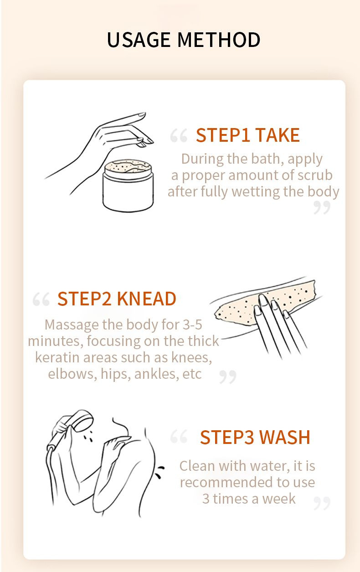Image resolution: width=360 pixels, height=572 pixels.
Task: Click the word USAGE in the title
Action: click(x=139, y=40)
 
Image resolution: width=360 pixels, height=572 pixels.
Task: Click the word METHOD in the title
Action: click(x=219, y=40)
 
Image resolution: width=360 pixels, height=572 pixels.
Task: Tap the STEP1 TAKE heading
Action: click(x=247, y=135)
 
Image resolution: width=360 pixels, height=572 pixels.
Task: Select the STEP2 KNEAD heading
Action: click(x=117, y=299)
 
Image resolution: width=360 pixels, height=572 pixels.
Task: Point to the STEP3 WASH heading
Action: click(x=255, y=438)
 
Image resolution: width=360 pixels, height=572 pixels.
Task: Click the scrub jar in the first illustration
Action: click(x=128, y=185)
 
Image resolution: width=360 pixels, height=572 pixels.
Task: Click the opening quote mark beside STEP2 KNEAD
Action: click(x=41, y=299)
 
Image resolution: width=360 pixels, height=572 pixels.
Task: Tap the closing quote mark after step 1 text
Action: click(x=322, y=207)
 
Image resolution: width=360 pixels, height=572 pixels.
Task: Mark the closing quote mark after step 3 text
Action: click(x=322, y=503)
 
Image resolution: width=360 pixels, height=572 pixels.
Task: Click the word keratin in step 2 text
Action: click(x=57, y=357)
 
